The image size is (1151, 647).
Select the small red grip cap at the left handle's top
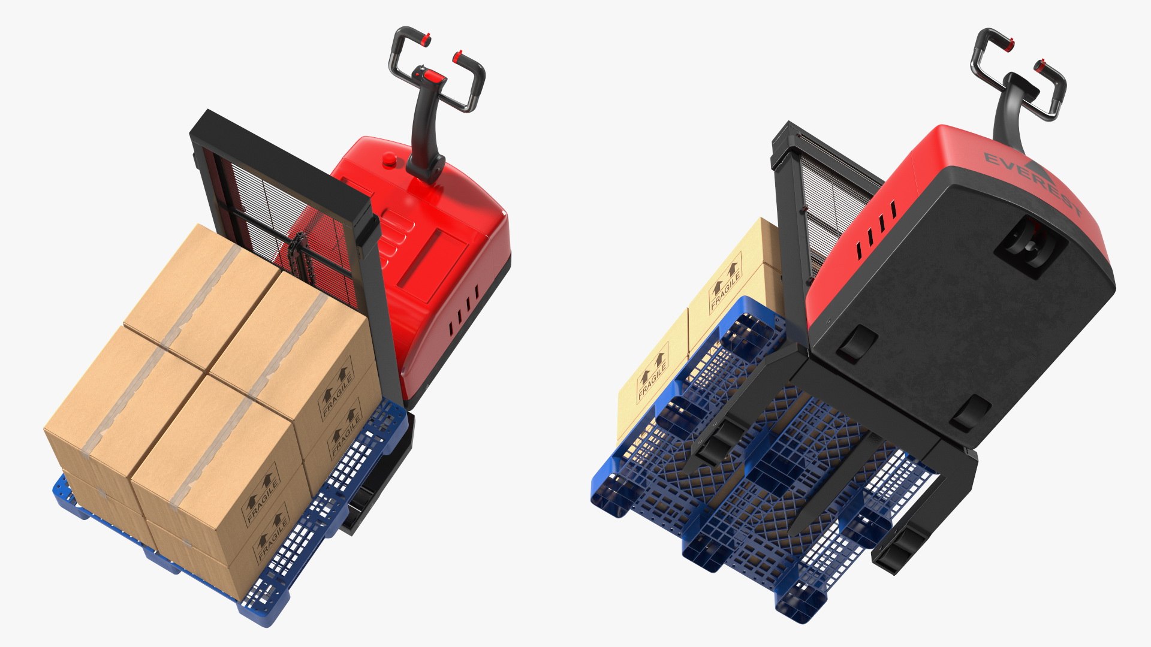tap(425, 40)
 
